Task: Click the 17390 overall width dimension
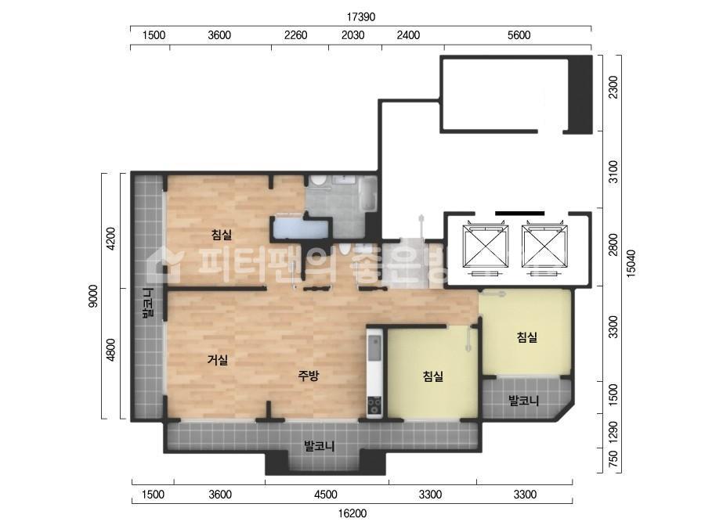pos(361,17)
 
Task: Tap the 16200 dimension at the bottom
pos(352,513)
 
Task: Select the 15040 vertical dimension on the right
pos(631,263)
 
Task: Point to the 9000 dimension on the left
pos(93,296)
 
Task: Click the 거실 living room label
pos(218,360)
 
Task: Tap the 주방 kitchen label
pos(308,376)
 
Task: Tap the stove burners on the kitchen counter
pos(374,405)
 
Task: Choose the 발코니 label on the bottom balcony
pos(319,446)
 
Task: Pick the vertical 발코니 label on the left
pos(148,303)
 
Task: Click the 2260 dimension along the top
pos(295,35)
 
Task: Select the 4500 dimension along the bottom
pos(326,495)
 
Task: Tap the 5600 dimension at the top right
pos(519,35)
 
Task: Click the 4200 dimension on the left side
pos(111,238)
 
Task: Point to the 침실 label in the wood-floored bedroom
pos(222,235)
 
